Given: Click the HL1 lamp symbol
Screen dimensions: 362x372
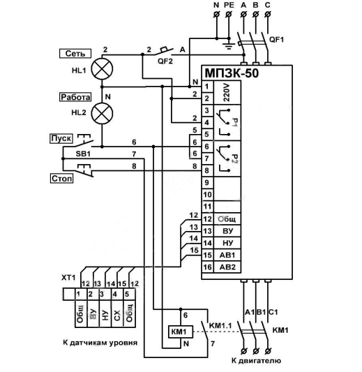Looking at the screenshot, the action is [x=102, y=69].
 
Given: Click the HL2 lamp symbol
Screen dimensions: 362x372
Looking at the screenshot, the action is [x=102, y=113].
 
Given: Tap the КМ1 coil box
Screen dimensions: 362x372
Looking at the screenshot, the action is [x=181, y=332].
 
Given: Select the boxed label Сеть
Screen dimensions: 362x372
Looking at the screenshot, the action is [x=75, y=53].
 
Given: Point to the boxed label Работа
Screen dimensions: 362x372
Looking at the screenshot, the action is [x=75, y=97].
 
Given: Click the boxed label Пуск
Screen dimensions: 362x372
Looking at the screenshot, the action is [x=61, y=138].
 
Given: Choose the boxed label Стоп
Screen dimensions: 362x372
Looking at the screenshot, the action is [x=61, y=179].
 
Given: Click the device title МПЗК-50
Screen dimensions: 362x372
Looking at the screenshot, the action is [x=232, y=73].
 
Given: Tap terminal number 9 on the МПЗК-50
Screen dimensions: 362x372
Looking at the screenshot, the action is [x=207, y=183].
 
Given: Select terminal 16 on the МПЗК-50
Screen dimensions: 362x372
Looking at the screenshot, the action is [x=207, y=267].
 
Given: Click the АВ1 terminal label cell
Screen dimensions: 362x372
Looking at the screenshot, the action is [x=227, y=255].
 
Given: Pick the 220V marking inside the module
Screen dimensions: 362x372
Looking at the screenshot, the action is [x=227, y=93].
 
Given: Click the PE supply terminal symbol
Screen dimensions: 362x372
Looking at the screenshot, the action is [x=229, y=15].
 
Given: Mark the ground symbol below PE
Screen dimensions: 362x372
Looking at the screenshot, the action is [x=229, y=46].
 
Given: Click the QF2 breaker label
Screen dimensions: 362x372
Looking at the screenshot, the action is [x=165, y=61].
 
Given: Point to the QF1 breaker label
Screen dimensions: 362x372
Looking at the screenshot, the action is [x=276, y=39].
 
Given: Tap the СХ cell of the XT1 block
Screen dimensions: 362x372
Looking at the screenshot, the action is [x=117, y=315].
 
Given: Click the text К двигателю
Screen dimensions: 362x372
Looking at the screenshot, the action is [x=256, y=361].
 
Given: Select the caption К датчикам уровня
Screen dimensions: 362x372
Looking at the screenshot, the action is [x=100, y=343].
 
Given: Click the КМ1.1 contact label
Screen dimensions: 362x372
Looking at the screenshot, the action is [x=220, y=325].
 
